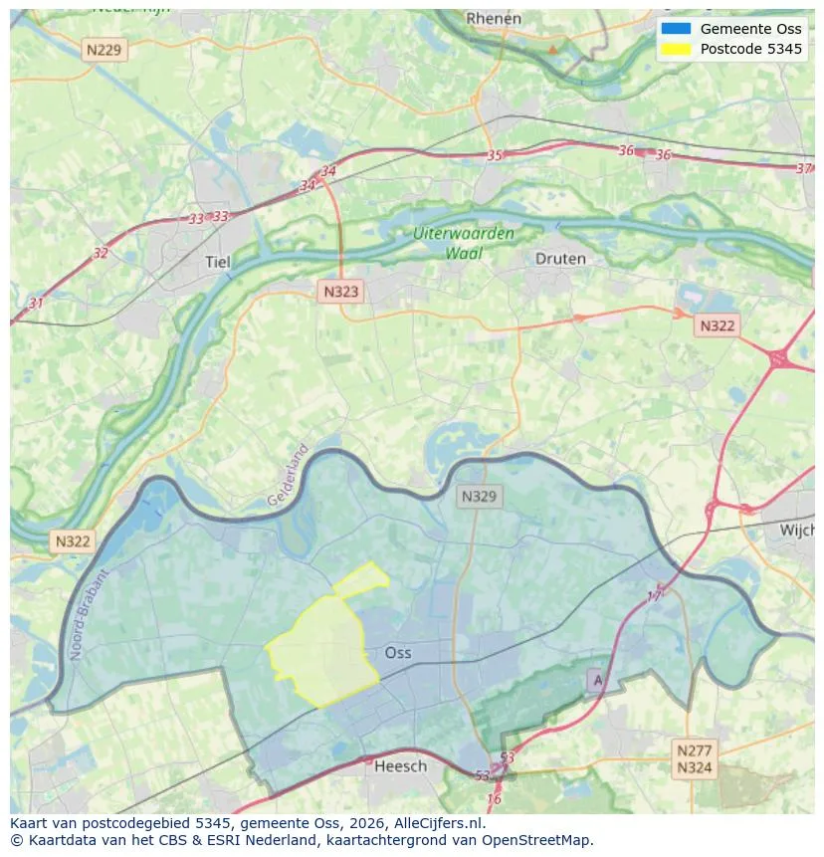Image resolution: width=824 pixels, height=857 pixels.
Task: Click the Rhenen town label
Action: tap(494, 18)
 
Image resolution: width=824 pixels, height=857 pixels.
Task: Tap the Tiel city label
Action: tap(217, 262)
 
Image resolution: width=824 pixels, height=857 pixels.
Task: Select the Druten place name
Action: tap(560, 259)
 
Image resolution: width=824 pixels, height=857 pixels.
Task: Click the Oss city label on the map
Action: tap(398, 653)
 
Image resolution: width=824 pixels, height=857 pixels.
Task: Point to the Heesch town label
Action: tap(401, 765)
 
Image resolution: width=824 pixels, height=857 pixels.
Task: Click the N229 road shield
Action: tap(105, 50)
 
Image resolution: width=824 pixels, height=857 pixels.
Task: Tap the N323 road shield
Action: tap(340, 292)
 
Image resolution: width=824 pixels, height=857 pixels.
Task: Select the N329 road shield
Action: tap(481, 496)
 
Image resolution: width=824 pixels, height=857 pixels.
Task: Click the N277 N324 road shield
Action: tap(695, 758)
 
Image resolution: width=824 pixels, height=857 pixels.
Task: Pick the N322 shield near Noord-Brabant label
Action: tap(73, 541)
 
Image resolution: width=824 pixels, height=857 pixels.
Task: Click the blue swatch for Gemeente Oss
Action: tap(675, 29)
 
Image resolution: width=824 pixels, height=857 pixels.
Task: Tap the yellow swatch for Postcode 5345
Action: tap(675, 49)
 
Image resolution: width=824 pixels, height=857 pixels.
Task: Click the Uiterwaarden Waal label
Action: tap(464, 243)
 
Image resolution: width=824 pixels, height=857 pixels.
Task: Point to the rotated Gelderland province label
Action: tap(289, 475)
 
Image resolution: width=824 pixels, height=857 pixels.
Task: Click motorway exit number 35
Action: tap(495, 155)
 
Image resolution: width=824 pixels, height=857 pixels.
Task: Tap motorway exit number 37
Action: tap(804, 168)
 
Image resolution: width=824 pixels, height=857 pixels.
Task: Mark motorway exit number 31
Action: tap(37, 303)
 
